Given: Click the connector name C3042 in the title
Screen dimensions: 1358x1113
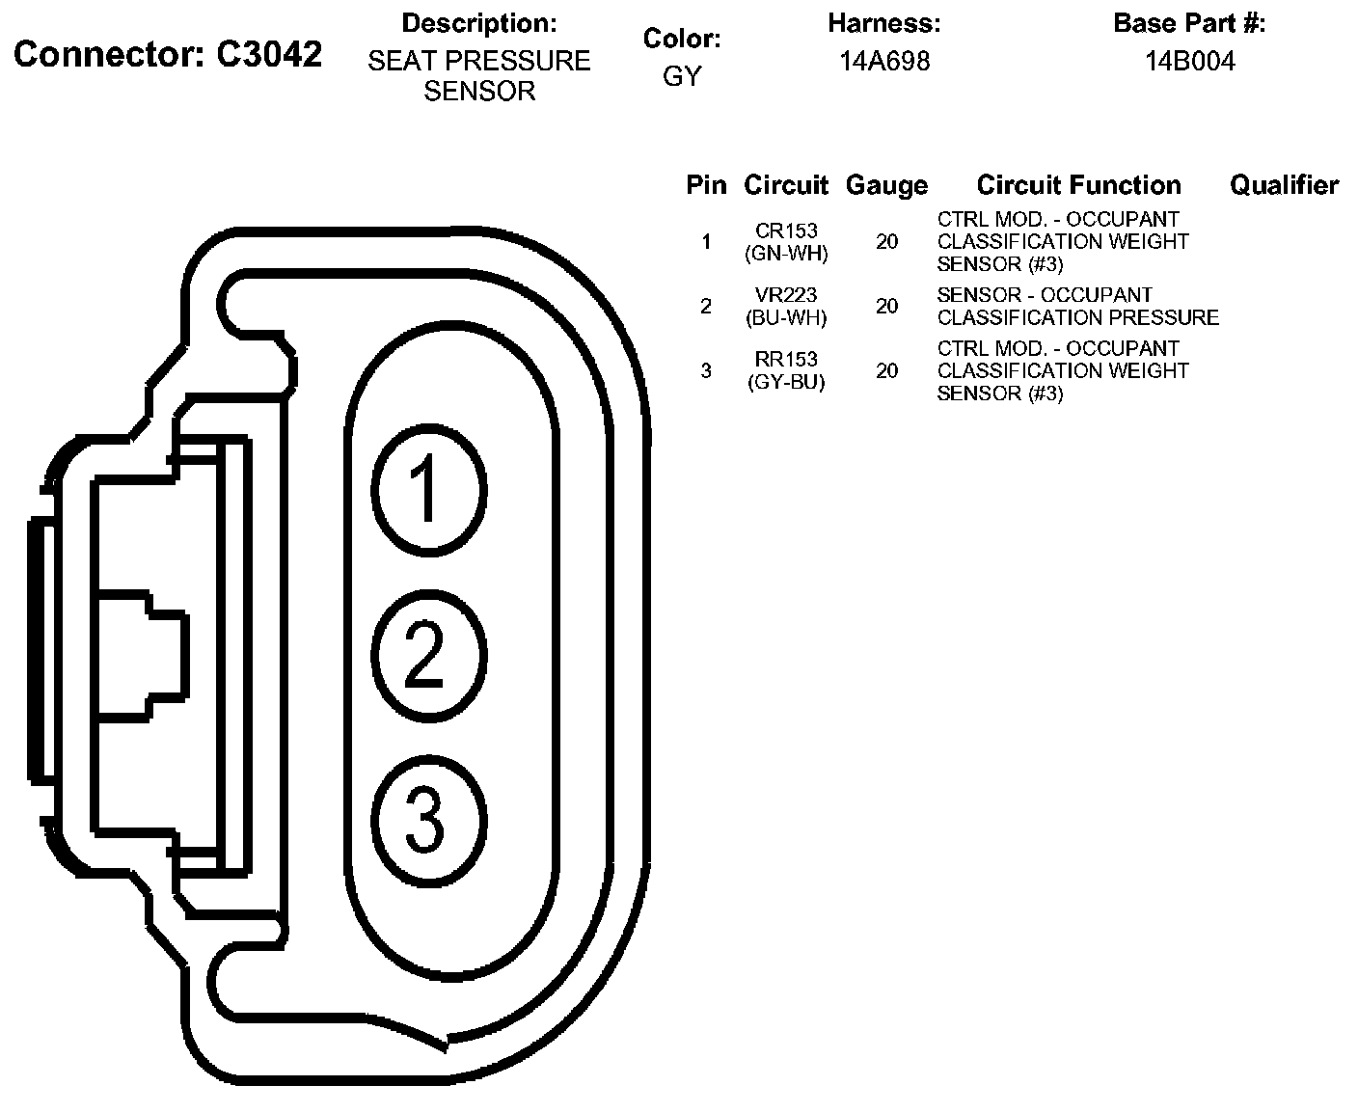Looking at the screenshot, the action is click(x=269, y=55).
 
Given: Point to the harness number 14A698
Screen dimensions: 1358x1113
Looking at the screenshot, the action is click(x=884, y=62).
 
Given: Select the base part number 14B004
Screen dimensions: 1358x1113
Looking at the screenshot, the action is click(x=1190, y=62).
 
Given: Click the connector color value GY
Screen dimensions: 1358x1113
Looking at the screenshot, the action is click(x=682, y=76).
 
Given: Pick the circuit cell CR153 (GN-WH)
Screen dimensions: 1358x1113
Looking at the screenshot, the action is click(x=787, y=242).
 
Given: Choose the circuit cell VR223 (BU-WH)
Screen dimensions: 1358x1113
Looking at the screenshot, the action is click(x=787, y=307).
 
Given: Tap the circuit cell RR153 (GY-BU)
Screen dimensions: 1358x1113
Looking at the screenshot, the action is click(x=787, y=370).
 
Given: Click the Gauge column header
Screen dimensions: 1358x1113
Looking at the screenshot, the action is click(x=886, y=185).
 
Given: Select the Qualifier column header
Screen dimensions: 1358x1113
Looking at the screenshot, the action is click(x=1284, y=185).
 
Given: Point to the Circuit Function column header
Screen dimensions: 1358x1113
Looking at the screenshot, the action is click(x=1078, y=185).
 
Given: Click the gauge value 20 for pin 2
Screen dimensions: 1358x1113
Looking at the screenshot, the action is click(x=886, y=307).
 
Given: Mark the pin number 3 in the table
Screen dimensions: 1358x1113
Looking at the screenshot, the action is click(x=706, y=370).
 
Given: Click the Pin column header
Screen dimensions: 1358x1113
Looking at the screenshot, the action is click(x=706, y=185).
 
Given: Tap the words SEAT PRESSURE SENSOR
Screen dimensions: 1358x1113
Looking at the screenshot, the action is click(x=479, y=75).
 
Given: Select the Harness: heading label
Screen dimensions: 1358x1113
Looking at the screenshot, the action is click(x=883, y=23).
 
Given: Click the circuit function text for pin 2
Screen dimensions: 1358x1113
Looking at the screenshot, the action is click(x=1077, y=307).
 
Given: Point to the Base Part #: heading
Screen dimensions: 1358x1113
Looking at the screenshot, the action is click(x=1189, y=23).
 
